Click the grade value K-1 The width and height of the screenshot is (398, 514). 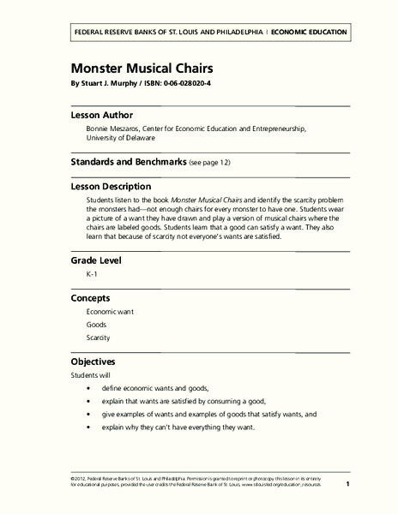point(93,275)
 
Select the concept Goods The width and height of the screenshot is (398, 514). point(96,326)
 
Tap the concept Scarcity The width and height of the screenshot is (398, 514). point(99,338)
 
